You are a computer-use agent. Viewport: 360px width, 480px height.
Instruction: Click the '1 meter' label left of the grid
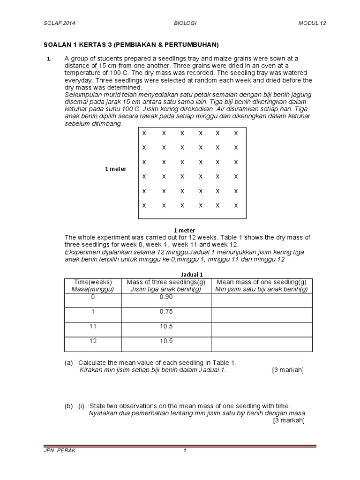point(115,169)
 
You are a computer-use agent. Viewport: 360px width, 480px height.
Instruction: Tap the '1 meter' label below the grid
point(184,230)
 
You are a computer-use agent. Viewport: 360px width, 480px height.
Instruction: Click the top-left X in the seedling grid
point(144,133)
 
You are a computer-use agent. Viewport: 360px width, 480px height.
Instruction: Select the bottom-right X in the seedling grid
point(236,205)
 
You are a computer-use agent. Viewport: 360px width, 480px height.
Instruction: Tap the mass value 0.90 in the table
point(166,297)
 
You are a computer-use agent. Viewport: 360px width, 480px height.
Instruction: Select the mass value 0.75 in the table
point(166,311)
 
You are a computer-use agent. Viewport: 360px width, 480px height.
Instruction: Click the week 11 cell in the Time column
point(93,326)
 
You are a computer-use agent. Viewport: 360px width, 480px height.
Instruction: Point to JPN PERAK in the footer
point(59,450)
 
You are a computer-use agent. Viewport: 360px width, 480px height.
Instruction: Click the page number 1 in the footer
point(185,450)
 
